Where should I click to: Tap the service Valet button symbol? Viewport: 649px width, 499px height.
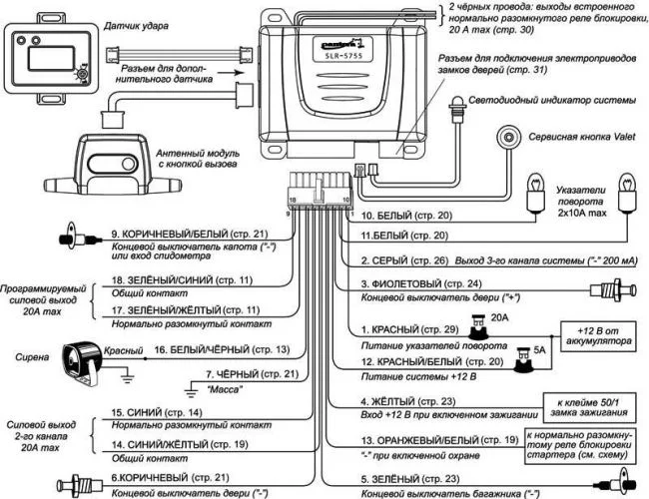[511, 138]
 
